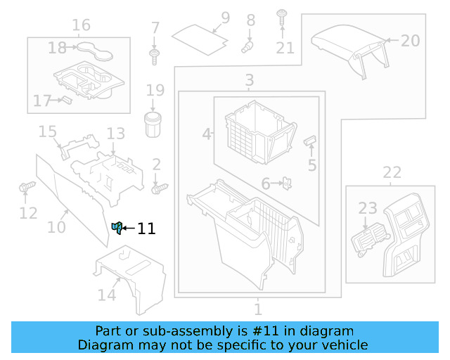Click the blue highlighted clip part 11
coord(117,227)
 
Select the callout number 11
coord(146,229)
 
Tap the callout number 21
coord(285,48)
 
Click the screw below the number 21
coord(282,17)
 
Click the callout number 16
coord(81,26)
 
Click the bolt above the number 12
coord(27,188)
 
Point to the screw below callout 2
coord(160,188)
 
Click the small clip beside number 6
coord(288,184)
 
